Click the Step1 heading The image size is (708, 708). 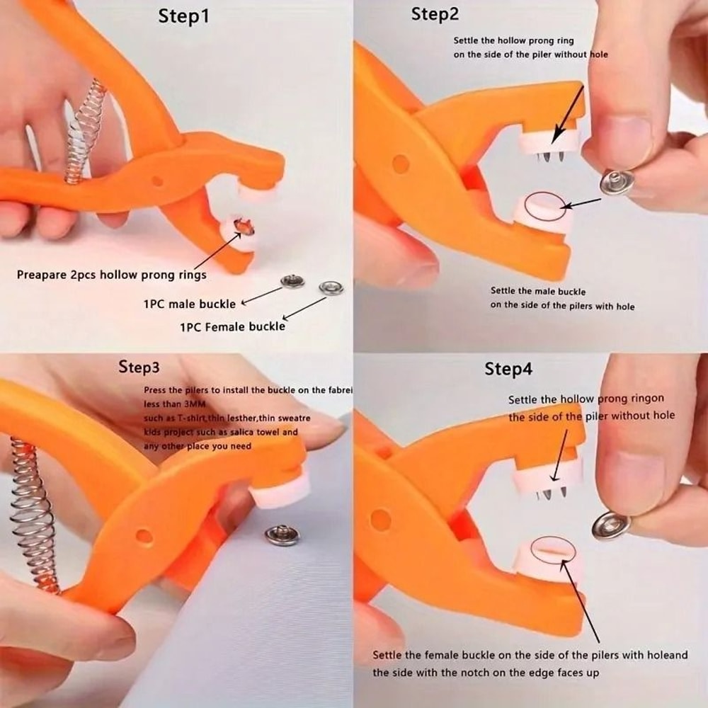[x=183, y=16]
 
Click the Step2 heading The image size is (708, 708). [x=435, y=14]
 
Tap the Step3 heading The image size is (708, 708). [x=139, y=367]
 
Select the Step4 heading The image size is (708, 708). [x=508, y=369]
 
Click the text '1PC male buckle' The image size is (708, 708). [x=189, y=304]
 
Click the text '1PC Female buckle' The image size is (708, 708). [x=232, y=326]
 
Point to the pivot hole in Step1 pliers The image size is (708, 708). [x=156, y=181]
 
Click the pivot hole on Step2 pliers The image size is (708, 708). [x=401, y=164]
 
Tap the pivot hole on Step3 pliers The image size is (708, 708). [x=144, y=536]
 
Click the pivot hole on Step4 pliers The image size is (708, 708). [x=380, y=520]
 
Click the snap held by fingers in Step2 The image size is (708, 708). [x=616, y=183]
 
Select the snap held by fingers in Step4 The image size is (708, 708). [x=610, y=525]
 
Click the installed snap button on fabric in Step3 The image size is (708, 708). [x=282, y=535]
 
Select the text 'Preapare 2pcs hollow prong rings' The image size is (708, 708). [x=112, y=275]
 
